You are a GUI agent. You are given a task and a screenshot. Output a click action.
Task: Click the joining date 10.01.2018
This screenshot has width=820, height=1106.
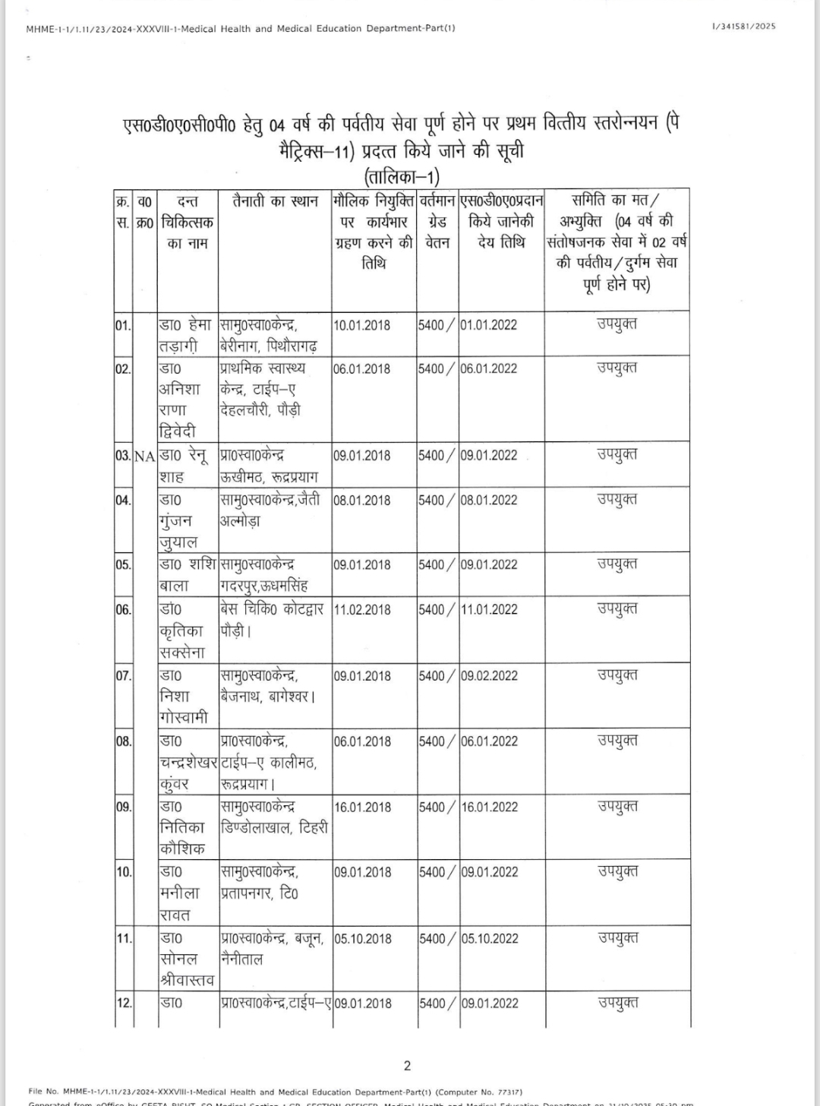pos(362,325)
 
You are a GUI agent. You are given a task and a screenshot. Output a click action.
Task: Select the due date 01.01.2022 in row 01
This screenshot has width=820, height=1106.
pos(489,325)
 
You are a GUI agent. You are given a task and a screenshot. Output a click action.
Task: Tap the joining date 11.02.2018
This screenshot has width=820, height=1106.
pos(362,609)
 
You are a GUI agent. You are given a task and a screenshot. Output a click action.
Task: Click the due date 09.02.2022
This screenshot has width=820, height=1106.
pos(489,675)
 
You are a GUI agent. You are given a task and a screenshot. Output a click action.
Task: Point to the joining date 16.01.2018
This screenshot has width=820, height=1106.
pos(362,807)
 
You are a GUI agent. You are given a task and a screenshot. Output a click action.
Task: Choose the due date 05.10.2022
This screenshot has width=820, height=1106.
pos(489,938)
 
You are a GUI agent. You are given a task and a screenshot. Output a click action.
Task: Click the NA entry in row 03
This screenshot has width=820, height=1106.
pos(145,456)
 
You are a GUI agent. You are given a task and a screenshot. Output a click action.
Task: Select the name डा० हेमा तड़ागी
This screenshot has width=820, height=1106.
pos(187,335)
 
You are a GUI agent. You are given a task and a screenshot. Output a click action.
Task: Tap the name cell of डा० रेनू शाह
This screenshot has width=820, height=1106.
pos(187,466)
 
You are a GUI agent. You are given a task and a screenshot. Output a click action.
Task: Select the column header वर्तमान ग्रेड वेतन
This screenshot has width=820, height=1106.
pos(437,222)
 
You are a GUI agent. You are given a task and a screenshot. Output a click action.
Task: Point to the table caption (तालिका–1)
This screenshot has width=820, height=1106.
pos(402,177)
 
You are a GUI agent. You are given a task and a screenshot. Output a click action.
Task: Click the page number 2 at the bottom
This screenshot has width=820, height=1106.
pos(408,1066)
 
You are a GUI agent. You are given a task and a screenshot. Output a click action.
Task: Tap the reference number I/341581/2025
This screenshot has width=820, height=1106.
pos(744,27)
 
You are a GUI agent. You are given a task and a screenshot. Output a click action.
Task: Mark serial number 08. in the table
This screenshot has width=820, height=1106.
pos(124,741)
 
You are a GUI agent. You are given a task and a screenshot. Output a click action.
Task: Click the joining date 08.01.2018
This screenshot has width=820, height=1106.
pos(362,500)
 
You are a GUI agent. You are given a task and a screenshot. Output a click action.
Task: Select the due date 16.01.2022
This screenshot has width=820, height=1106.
pos(489,807)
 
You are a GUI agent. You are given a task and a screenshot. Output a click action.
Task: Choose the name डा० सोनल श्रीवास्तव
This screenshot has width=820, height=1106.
pos(187,959)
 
